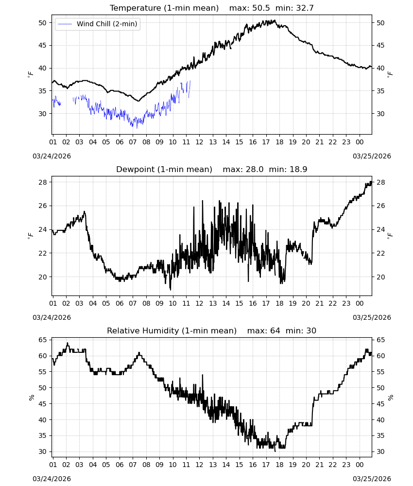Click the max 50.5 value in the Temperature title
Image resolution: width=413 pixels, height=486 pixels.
[249, 8]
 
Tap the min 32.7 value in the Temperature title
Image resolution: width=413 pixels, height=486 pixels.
[294, 8]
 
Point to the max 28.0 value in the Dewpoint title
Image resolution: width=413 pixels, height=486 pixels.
[243, 170]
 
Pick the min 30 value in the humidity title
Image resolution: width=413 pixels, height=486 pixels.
[301, 330]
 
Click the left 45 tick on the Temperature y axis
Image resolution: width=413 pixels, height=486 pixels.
[42, 46]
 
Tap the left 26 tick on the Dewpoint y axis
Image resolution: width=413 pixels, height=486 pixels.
[42, 206]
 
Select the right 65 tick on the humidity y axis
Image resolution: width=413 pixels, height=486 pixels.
[380, 340]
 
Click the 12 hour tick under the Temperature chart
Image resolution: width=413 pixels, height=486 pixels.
[199, 142]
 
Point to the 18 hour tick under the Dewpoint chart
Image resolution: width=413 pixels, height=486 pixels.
[279, 303]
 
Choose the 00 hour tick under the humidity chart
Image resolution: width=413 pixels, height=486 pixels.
[360, 465]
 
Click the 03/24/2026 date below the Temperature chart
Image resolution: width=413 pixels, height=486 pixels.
[52, 156]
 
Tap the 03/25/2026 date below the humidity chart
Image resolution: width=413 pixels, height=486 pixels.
[372, 479]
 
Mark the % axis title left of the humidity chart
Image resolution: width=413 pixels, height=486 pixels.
[32, 398]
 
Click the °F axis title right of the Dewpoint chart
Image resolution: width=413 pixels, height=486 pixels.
[390, 236]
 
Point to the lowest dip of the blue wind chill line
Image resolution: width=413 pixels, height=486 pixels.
[137, 128]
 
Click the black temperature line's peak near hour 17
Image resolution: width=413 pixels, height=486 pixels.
[274, 20]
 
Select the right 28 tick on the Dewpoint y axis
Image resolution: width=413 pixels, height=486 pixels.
[380, 183]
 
